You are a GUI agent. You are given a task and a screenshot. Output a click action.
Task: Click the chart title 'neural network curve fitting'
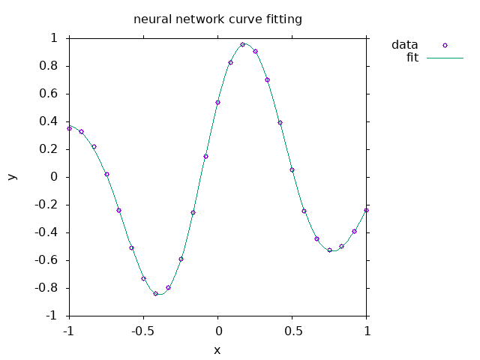point(217,19)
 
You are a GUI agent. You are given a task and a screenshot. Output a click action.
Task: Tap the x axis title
point(217,349)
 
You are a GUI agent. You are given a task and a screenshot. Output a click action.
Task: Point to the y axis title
point(11,177)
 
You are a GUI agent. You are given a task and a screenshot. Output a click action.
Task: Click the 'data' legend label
point(404,45)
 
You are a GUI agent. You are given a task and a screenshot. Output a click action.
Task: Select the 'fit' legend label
point(412,58)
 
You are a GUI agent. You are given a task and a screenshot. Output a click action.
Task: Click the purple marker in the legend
point(445,45)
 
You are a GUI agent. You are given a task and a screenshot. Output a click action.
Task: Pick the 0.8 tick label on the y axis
point(50,66)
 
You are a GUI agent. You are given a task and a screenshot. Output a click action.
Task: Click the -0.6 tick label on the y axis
point(48,260)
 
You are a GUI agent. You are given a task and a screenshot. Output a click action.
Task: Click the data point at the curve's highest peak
point(242,44)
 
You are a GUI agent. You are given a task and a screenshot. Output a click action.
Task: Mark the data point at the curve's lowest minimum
point(156,293)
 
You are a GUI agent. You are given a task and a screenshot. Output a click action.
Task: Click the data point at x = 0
point(217,102)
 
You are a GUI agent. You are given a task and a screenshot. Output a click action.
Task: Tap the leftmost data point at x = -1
point(69,128)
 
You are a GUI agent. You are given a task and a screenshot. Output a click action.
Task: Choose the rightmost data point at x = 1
point(367,210)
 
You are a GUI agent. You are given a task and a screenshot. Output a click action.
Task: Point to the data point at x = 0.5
point(292,169)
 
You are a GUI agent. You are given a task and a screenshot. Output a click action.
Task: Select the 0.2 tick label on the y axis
point(50,149)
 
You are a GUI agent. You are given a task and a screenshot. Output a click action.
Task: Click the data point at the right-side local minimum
point(329,250)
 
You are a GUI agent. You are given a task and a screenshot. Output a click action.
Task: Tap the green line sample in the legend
point(445,58)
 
